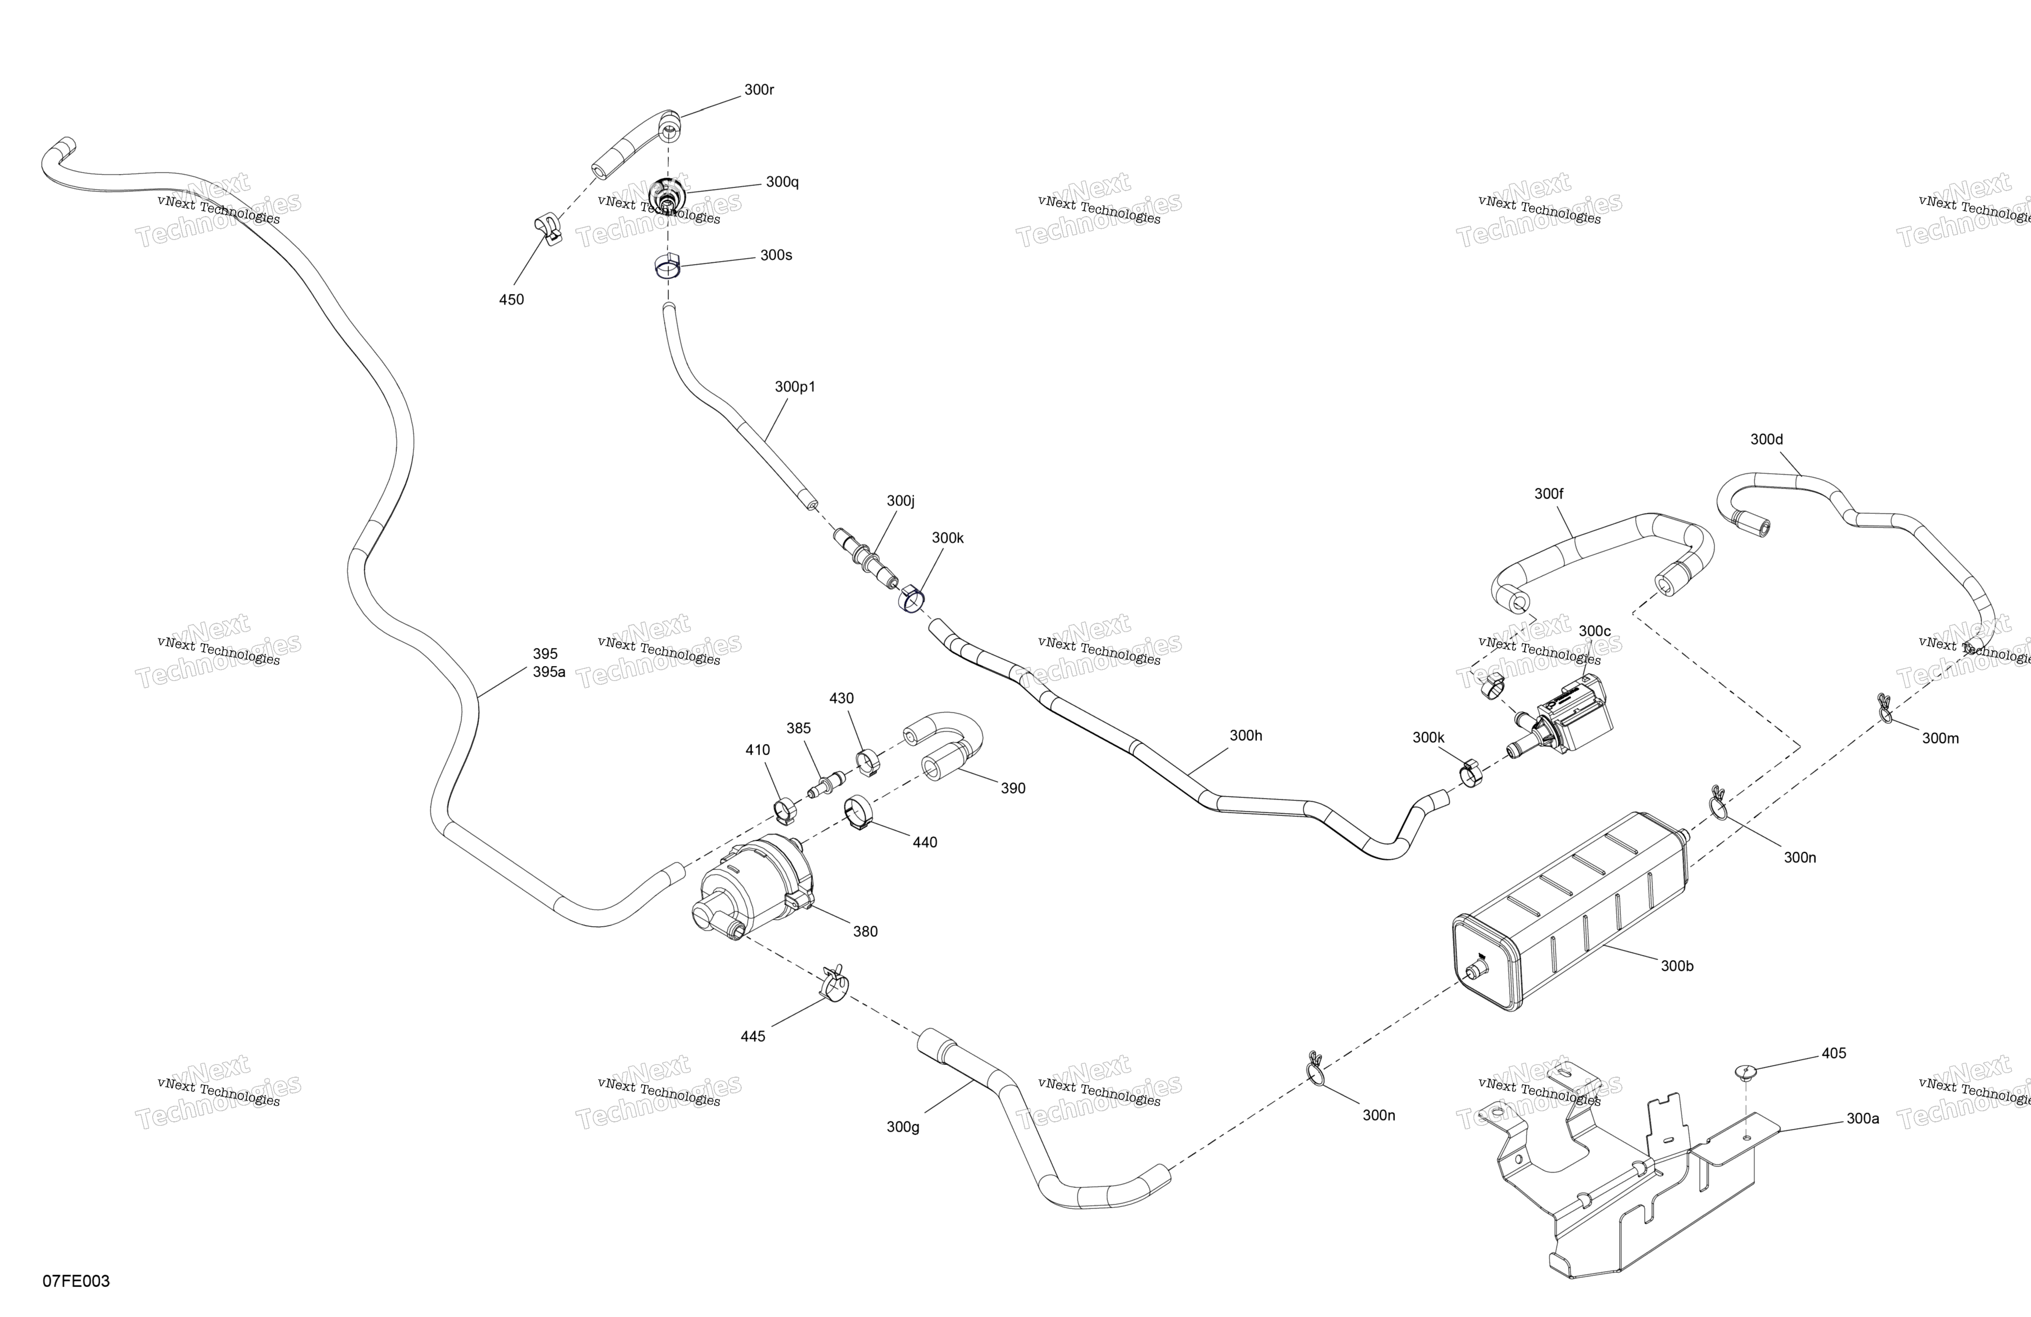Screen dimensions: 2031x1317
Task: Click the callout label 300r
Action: pyautogui.click(x=759, y=90)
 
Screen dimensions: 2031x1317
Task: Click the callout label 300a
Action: pyautogui.click(x=1863, y=1118)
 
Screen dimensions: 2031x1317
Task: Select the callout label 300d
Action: pyautogui.click(x=1767, y=440)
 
